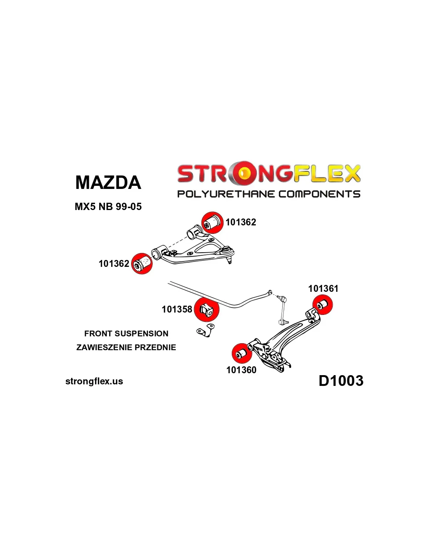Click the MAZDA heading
tap(108, 182)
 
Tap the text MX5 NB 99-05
tap(108, 207)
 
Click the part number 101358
tap(177, 309)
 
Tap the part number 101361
tap(323, 288)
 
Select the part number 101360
tap(241, 370)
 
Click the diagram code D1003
tap(341, 381)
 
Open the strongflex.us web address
tap(94, 381)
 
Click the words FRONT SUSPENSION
tap(126, 333)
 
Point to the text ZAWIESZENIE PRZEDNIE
tap(126, 347)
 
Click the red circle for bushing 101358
tap(207, 309)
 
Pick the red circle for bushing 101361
tap(323, 304)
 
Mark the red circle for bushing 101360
tap(241, 353)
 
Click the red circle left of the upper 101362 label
tap(213, 222)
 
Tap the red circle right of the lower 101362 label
tap(142, 263)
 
